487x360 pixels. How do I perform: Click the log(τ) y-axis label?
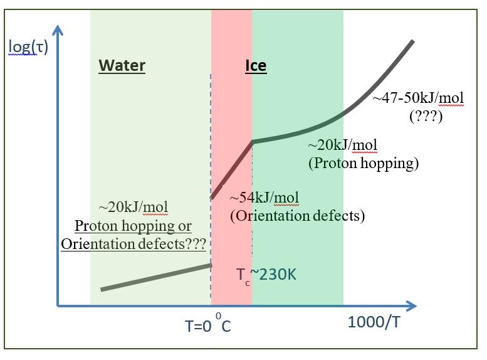tap(28, 46)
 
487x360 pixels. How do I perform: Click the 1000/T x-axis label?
tap(374, 322)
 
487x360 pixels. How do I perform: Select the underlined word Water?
tap(122, 65)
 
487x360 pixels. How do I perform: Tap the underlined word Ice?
tap(256, 65)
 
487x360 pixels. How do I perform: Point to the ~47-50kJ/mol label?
tap(418, 98)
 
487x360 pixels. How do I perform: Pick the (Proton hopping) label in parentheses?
tap(364, 163)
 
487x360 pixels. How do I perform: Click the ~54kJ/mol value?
tap(264, 198)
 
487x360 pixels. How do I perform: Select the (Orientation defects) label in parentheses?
tap(297, 216)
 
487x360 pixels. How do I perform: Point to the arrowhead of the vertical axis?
tap(58, 30)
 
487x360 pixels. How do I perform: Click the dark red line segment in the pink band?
tap(232, 169)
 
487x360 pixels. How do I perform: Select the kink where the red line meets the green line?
tap(253, 142)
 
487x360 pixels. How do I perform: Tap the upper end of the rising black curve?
tap(412, 41)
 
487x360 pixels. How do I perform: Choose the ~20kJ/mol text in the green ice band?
tap(342, 146)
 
